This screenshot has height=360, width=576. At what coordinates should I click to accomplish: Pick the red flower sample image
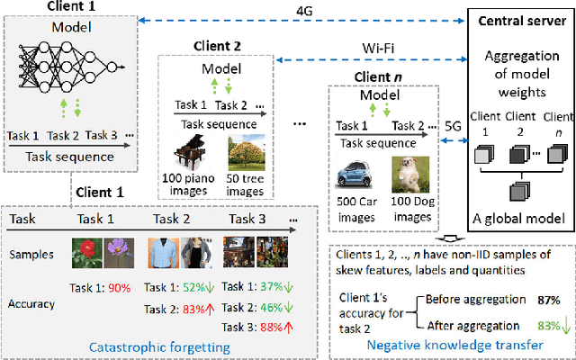(x=87, y=249)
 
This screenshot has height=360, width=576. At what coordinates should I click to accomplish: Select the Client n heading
(x=365, y=77)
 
